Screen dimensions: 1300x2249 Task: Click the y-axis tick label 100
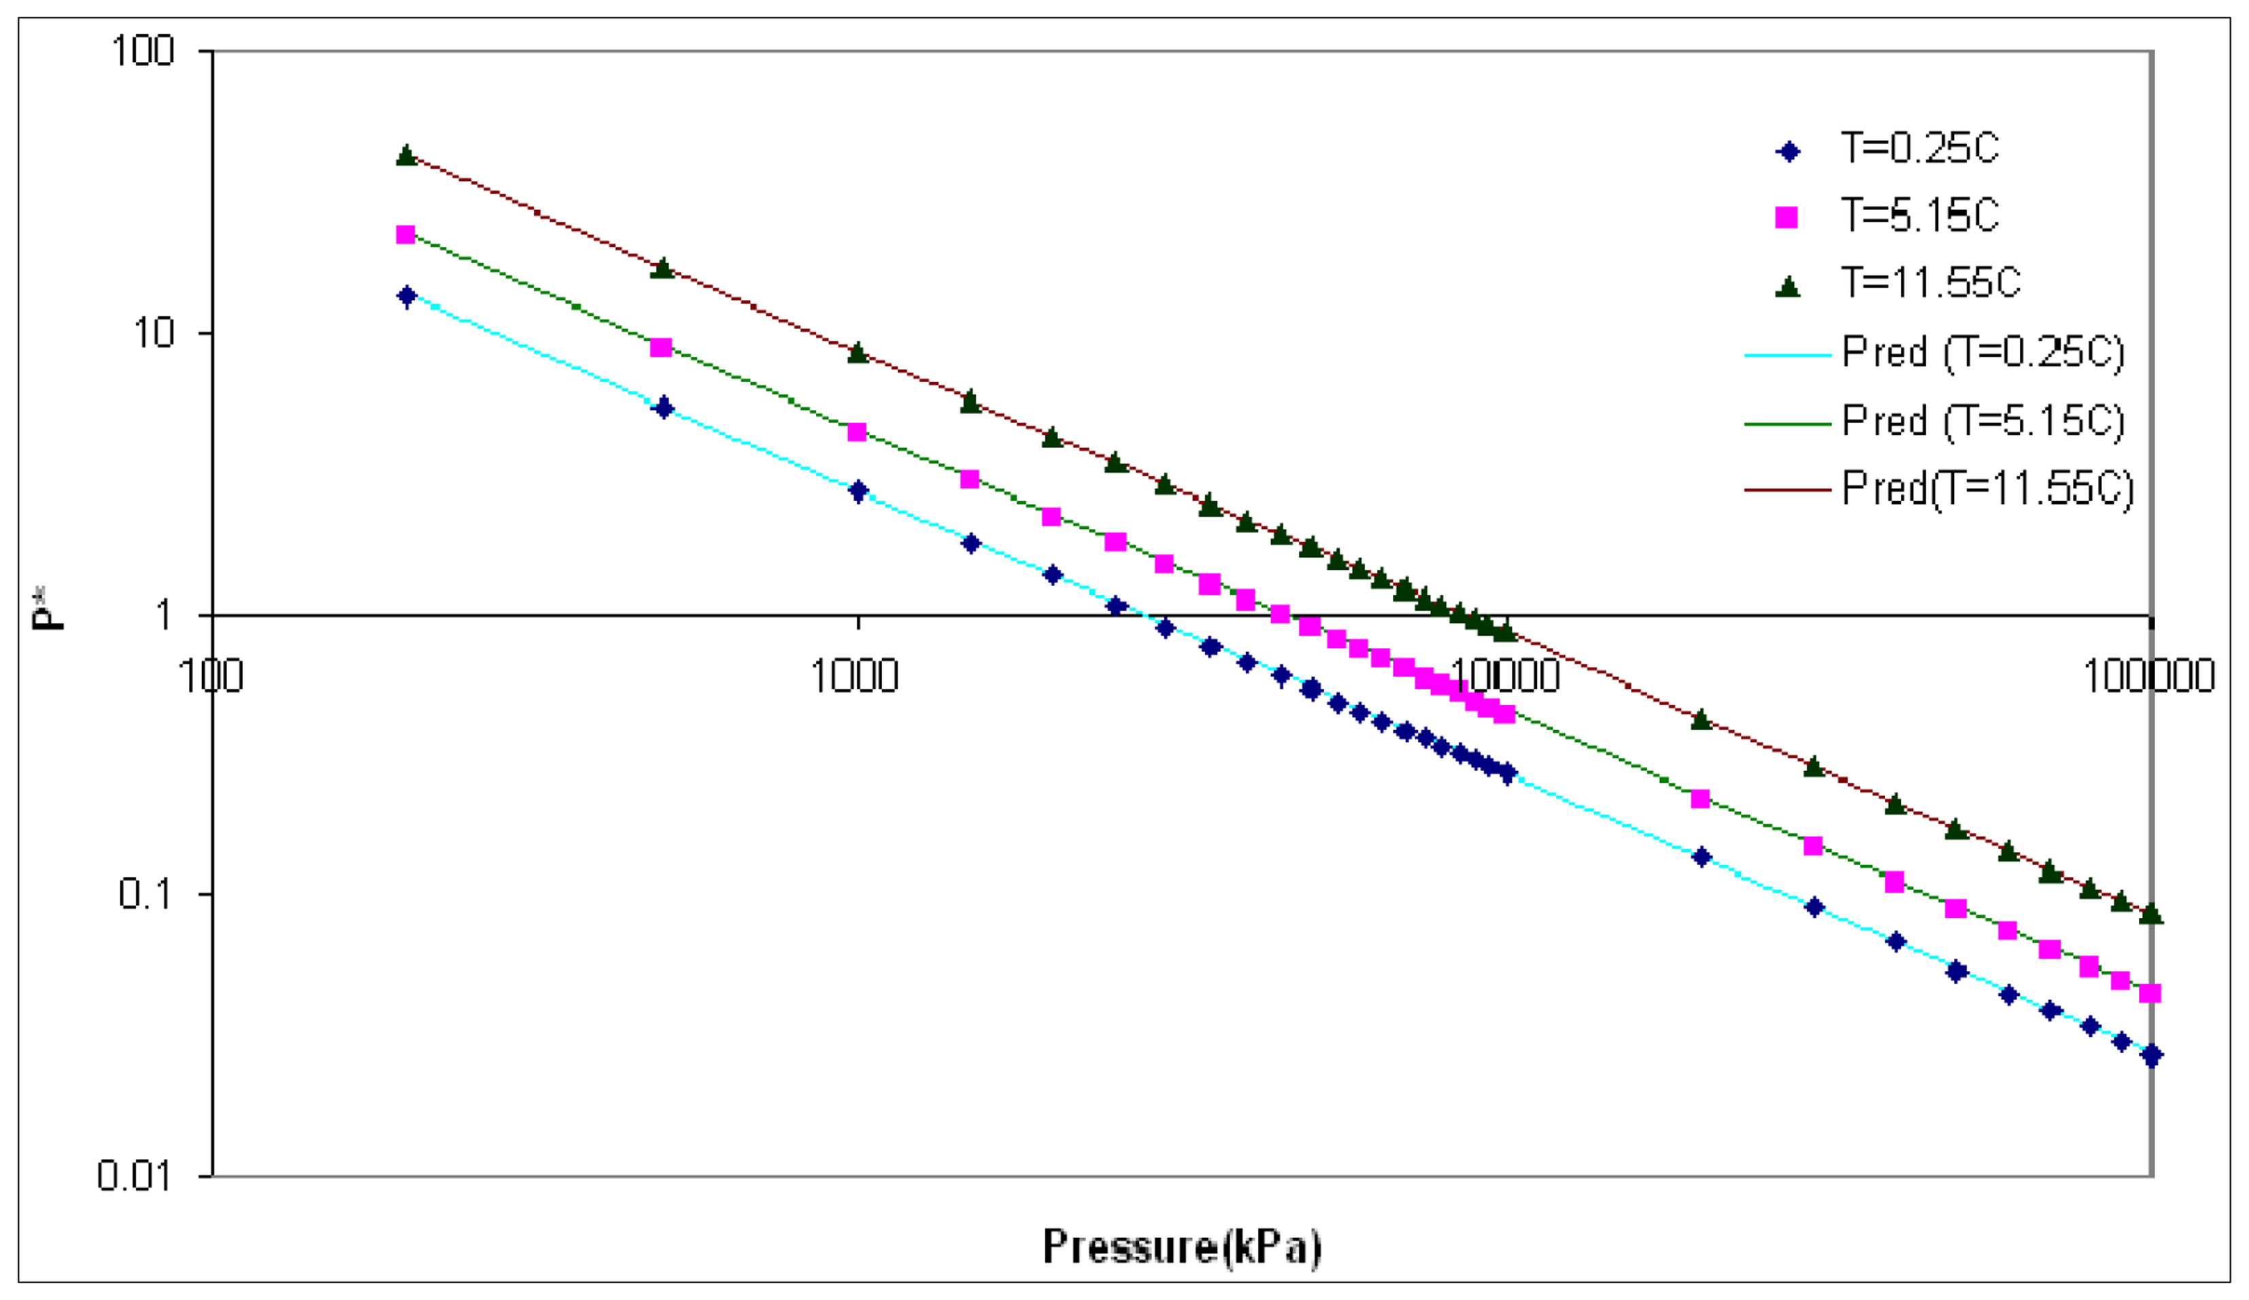[143, 51]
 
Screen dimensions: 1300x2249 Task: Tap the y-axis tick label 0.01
[134, 1176]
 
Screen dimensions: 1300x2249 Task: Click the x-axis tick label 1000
[854, 677]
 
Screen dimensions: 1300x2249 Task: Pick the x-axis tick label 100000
[2148, 677]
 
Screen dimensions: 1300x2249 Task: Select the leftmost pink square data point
[405, 235]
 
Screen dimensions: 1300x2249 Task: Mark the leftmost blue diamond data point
[406, 296]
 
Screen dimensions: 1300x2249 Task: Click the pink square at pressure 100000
[2150, 993]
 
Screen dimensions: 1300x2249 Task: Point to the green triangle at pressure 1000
[858, 354]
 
